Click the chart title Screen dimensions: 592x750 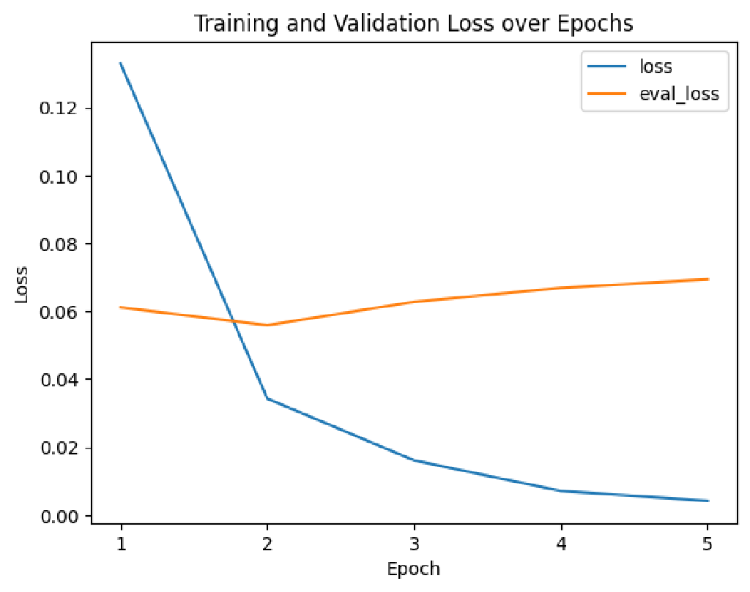click(413, 23)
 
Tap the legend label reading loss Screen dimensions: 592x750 click(656, 67)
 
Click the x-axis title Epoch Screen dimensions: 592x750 click(414, 569)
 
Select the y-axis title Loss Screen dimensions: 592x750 click(22, 285)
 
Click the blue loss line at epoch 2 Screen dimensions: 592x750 click(267, 399)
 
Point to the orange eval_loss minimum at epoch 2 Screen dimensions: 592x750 click(267, 325)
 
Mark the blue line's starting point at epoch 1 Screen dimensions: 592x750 click(120, 63)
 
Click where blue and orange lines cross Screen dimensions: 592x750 click(234, 320)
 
